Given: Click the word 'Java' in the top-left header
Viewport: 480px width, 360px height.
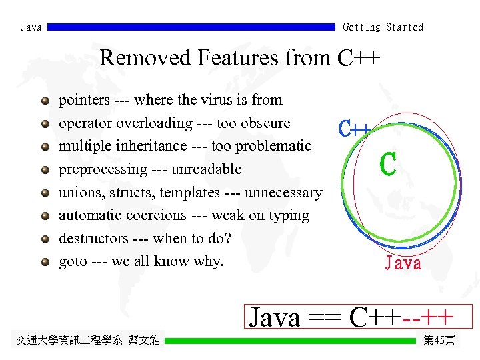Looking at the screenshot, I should [x=31, y=27].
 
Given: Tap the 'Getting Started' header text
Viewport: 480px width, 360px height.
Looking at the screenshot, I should [x=383, y=27].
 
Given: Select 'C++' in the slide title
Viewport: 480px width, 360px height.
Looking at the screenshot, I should [x=359, y=58].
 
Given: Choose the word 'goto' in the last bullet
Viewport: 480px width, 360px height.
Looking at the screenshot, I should [x=73, y=261].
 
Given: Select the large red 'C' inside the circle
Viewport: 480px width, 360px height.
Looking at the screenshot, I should [x=388, y=165].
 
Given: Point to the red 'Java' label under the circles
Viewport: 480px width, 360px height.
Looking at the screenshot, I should [x=403, y=263].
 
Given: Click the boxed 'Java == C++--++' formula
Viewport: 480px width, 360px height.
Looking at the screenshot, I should [x=359, y=317].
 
